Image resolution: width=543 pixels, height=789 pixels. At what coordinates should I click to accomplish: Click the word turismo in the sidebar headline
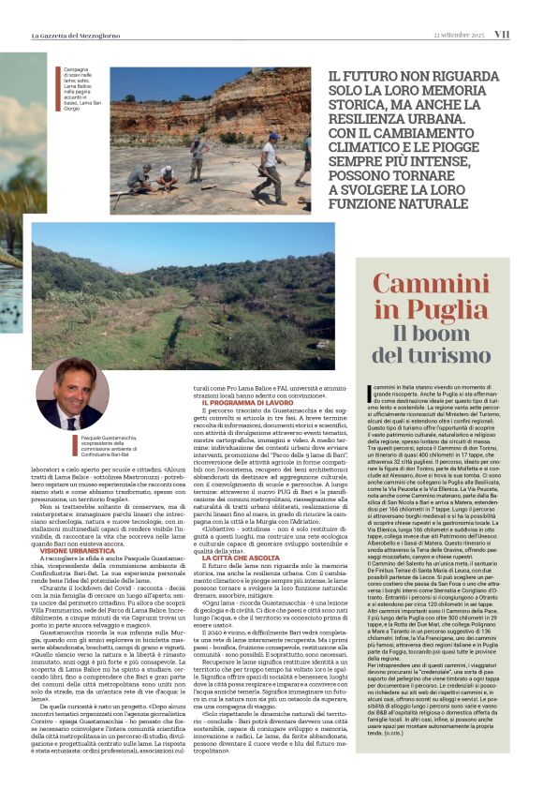(432, 354)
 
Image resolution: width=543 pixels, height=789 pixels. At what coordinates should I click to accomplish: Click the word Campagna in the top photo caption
(77, 69)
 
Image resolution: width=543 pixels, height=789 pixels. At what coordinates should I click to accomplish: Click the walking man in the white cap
(269, 156)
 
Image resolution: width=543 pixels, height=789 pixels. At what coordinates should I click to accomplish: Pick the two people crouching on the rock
(153, 175)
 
